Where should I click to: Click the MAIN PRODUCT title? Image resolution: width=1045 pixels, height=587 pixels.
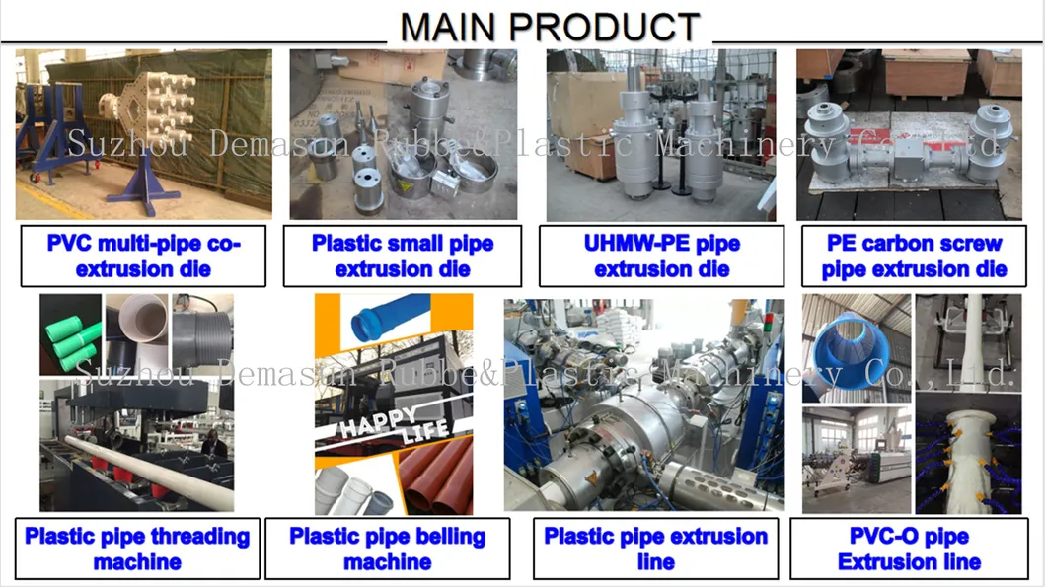(550, 26)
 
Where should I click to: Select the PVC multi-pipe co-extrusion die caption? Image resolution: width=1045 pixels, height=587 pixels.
(144, 256)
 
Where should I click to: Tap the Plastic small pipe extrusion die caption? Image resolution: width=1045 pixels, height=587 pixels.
(403, 256)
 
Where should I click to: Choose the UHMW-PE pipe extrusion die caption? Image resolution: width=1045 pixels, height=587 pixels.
(661, 256)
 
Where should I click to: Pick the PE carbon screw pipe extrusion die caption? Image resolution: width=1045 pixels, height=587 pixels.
(914, 256)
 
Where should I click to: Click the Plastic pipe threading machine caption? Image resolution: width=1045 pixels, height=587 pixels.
(137, 550)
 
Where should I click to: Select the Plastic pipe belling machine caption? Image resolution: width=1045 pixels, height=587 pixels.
(388, 550)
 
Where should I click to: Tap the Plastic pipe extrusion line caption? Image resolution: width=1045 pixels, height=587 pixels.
(656, 550)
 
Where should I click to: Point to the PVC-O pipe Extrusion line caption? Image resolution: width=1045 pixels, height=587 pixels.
(909, 550)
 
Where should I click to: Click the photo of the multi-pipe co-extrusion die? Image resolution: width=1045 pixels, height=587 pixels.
(144, 134)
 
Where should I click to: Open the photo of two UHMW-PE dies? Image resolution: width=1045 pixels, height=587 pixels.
(661, 134)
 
